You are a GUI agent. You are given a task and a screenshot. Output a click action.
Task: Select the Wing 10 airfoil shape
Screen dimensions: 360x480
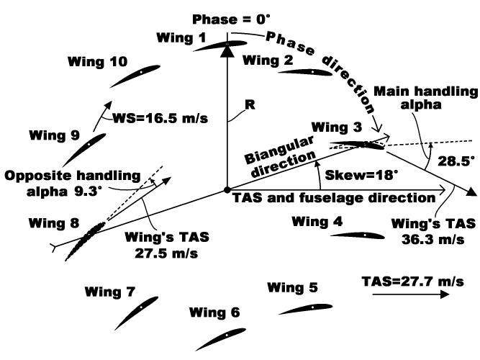(x=135, y=75)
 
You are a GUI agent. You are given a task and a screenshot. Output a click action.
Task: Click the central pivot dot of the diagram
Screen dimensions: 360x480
(x=227, y=190)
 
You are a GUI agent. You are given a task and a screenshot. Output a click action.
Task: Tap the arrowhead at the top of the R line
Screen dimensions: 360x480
(x=227, y=50)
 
